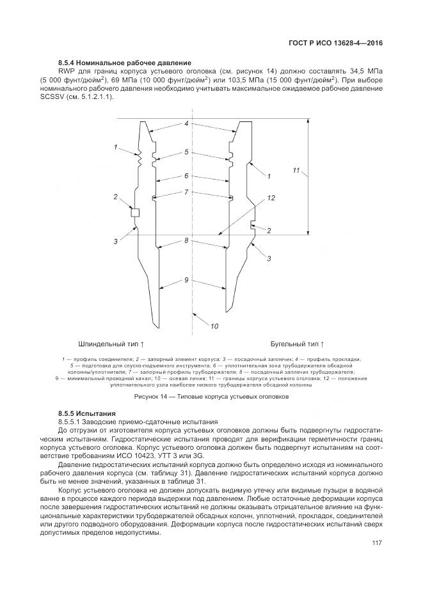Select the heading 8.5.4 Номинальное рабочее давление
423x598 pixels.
click(x=125, y=62)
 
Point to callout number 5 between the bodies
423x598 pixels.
click(x=186, y=152)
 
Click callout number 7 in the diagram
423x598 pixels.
click(x=186, y=192)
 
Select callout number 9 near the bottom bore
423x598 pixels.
click(x=186, y=280)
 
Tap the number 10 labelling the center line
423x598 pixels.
click(x=214, y=326)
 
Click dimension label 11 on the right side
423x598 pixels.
click(x=296, y=171)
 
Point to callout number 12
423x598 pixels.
click(x=271, y=199)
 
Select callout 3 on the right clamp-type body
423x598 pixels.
click(x=269, y=258)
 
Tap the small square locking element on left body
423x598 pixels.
click(x=134, y=213)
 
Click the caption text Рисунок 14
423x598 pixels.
click(x=211, y=397)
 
